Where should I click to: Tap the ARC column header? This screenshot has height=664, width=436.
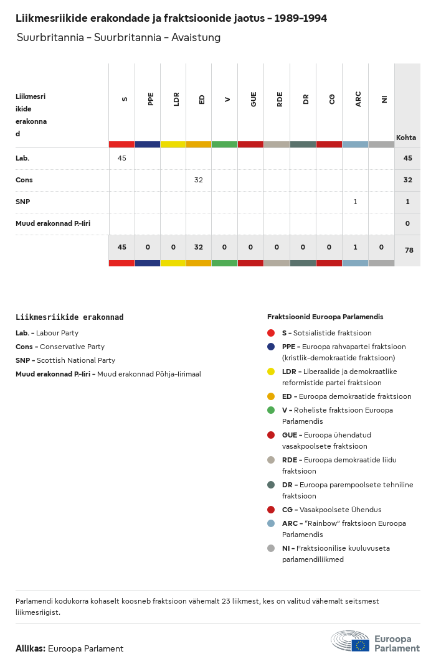[358, 99]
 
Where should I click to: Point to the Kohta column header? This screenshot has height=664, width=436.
[406, 138]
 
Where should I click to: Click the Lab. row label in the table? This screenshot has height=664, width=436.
[22, 158]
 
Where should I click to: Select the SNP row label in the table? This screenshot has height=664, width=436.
[22, 202]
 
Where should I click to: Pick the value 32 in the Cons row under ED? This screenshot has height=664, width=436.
[198, 180]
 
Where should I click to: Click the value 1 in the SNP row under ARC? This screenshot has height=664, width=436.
[355, 202]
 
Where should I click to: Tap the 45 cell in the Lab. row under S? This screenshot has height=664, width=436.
[121, 158]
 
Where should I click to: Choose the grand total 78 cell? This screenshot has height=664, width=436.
[408, 250]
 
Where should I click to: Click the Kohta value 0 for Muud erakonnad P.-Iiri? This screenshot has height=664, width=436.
[407, 223]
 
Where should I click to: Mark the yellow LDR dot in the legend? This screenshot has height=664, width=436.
[271, 372]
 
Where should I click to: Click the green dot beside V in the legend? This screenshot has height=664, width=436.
[271, 410]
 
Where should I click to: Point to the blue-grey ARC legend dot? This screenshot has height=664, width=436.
[271, 523]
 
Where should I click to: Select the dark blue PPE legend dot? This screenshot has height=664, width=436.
[271, 347]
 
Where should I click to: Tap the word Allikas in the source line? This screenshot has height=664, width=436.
[30, 648]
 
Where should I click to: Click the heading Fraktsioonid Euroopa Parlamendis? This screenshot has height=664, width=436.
[325, 317]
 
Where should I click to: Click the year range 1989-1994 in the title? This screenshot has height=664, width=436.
[301, 19]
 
